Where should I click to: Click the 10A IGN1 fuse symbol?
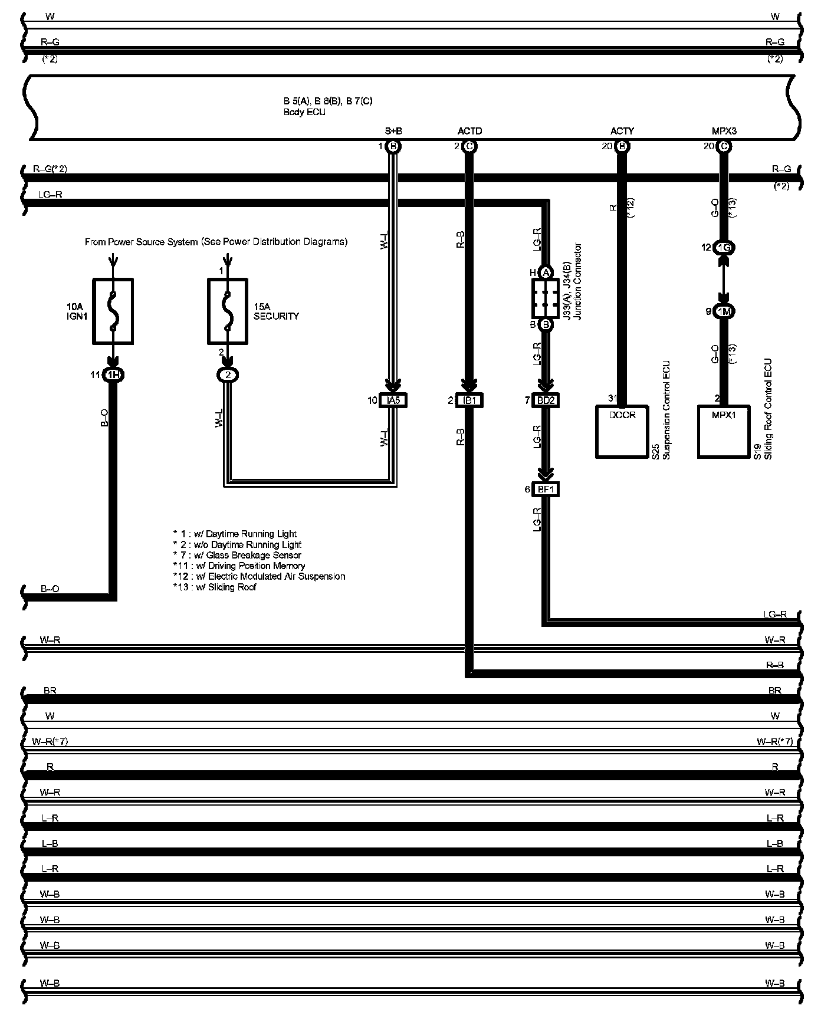click(113, 311)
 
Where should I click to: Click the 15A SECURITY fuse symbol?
click(227, 311)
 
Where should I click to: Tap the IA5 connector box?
click(393, 400)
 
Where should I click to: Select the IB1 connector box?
click(469, 400)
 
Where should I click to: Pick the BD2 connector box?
click(546, 400)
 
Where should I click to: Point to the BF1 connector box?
click(546, 489)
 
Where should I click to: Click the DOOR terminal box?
click(622, 431)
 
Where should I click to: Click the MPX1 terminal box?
click(724, 431)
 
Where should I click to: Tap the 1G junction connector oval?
click(724, 248)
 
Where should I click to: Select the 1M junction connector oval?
click(724, 311)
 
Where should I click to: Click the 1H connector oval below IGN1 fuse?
click(113, 374)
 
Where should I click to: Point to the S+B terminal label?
click(393, 131)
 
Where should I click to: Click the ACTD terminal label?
click(469, 131)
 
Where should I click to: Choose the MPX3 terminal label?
click(724, 131)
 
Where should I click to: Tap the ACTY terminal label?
click(622, 131)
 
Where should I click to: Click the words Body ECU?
click(304, 112)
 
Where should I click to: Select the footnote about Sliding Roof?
click(215, 587)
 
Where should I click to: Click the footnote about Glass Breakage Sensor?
click(237, 555)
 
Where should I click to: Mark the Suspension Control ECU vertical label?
click(667, 410)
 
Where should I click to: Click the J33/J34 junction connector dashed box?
click(546, 298)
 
